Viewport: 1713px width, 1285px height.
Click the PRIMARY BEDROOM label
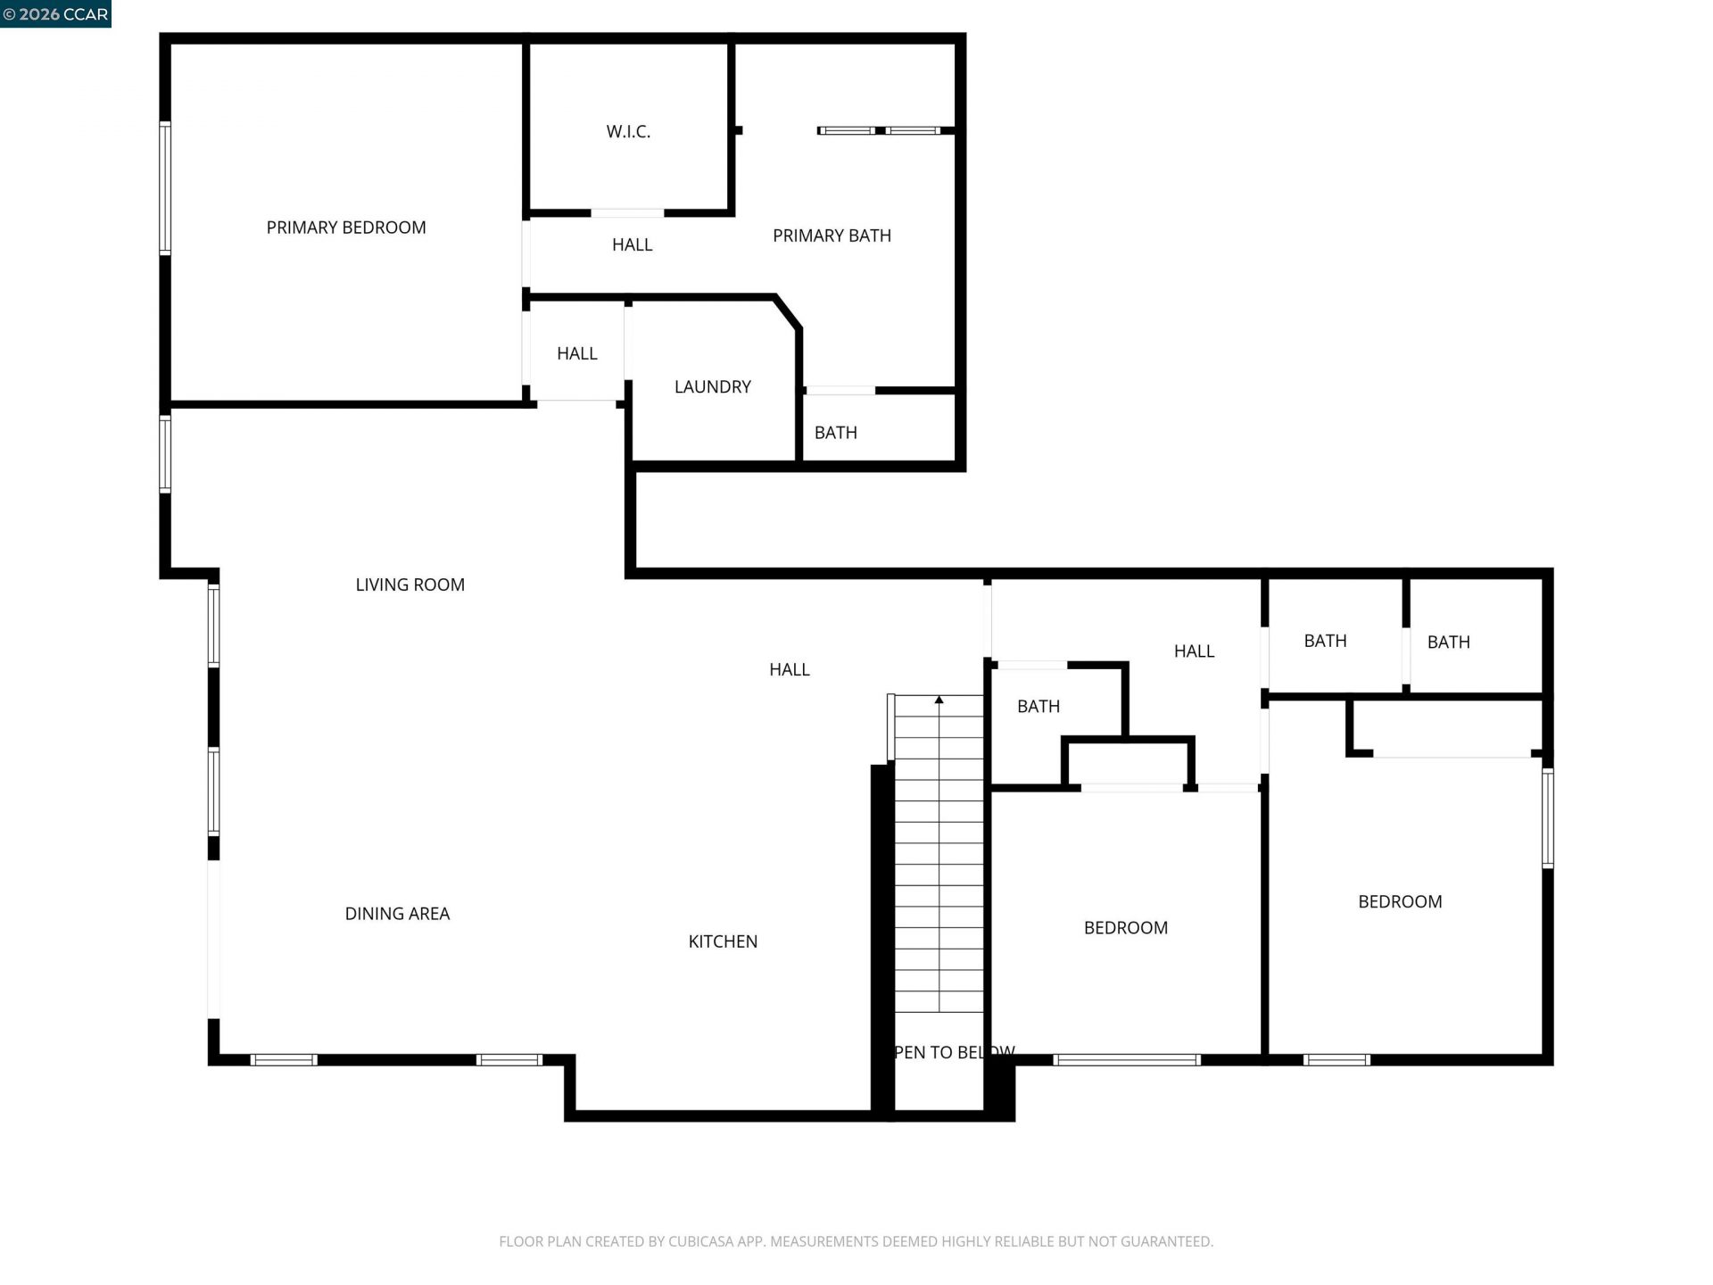click(x=346, y=228)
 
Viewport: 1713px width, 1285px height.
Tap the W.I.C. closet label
click(x=628, y=132)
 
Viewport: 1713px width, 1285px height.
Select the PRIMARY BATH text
click(x=832, y=236)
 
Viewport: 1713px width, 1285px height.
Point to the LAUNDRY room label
click(x=712, y=386)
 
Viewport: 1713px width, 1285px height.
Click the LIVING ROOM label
click(x=410, y=584)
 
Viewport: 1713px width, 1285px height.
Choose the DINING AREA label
click(x=397, y=914)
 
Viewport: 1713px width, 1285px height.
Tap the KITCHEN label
click(x=723, y=941)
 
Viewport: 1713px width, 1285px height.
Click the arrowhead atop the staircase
click(x=939, y=701)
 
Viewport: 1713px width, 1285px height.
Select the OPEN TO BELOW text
click(x=953, y=1053)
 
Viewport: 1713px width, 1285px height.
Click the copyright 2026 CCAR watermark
click(x=55, y=14)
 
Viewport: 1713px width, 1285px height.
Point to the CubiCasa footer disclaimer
click(x=856, y=1241)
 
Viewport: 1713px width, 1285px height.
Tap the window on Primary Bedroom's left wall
click(x=165, y=187)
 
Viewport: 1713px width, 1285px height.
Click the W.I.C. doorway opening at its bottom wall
click(x=627, y=213)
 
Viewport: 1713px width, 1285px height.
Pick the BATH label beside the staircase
click(x=1039, y=707)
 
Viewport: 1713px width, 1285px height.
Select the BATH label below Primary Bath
click(x=835, y=433)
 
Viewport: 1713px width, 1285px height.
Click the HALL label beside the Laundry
click(x=576, y=353)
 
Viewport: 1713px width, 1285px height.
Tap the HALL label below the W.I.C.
click(x=632, y=245)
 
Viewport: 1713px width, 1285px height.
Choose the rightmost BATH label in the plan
click(x=1448, y=642)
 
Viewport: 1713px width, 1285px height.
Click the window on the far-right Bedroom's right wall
click(x=1548, y=817)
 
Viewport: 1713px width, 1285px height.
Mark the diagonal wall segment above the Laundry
click(x=788, y=312)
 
